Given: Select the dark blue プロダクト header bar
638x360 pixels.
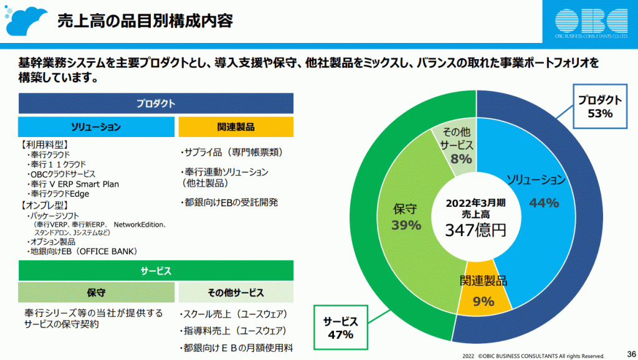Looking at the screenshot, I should click(156, 103).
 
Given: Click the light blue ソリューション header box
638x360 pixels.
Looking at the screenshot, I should click(96, 127).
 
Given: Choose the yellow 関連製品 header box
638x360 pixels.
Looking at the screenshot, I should click(236, 127).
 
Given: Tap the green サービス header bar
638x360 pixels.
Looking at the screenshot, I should click(156, 271).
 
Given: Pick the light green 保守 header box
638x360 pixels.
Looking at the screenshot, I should click(96, 292).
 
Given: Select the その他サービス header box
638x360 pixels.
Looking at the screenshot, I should click(236, 292).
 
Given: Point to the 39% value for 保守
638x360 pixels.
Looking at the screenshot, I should click(406, 225).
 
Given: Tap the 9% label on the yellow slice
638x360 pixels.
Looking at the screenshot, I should click(483, 302).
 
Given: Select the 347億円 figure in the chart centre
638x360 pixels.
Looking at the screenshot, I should click(475, 230).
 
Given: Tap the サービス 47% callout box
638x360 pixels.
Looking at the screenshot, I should click(341, 328).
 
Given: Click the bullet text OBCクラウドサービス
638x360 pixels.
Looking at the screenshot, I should click(63, 174).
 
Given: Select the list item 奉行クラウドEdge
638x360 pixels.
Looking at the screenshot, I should click(60, 194).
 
